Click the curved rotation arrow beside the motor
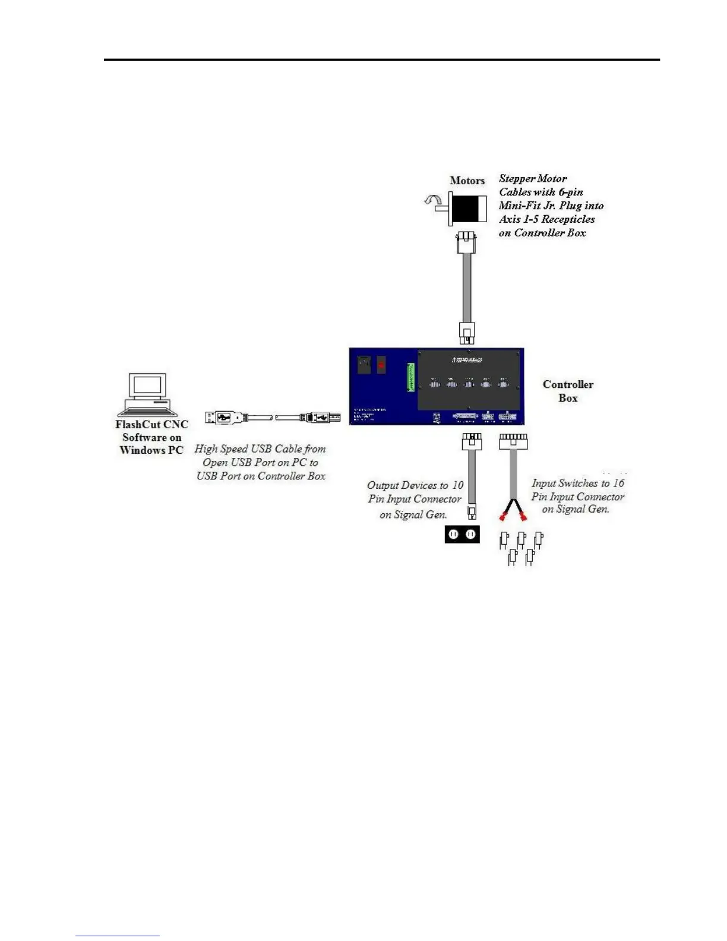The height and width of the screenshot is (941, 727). pos(432,201)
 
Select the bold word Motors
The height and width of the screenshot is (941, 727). pos(467,181)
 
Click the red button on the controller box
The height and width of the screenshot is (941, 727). pos(381,364)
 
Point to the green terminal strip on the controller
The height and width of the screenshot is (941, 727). pos(410,377)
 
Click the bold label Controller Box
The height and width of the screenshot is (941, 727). pos(568,391)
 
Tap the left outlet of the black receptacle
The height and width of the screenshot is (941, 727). pos(453,535)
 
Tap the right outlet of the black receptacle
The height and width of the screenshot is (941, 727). pos(470,535)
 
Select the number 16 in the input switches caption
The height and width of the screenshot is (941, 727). pos(618,483)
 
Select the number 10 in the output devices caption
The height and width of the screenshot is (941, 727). pos(457,485)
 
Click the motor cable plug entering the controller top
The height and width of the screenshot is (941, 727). pos(467,333)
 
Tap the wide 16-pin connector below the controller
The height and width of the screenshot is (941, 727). pos(513,441)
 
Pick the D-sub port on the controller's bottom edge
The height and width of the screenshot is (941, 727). pos(466,416)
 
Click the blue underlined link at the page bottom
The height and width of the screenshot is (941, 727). pos(118,936)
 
